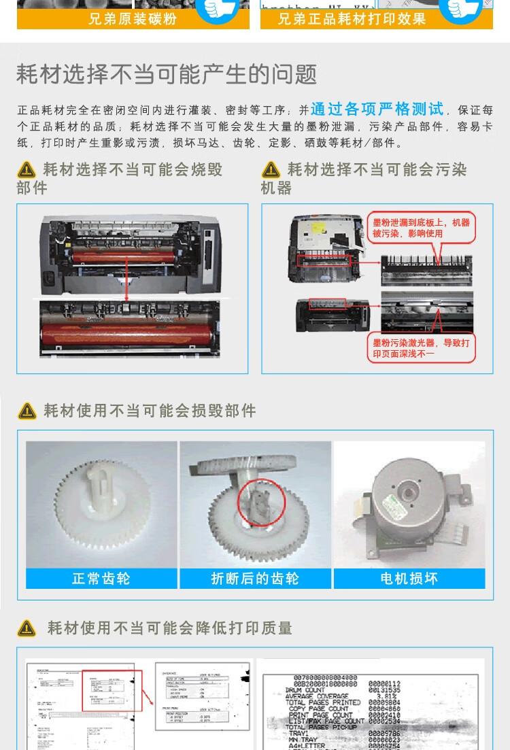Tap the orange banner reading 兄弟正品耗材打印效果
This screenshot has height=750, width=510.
point(352,19)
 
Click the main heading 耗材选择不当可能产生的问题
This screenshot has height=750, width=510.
point(167,73)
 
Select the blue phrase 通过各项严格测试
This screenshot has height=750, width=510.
point(377,109)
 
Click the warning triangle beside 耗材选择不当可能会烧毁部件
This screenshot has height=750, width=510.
point(27,170)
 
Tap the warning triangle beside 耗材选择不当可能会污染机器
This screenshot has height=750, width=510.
point(271,170)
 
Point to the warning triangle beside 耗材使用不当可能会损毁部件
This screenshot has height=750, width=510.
point(27,411)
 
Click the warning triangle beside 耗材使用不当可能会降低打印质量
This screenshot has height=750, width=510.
point(27,628)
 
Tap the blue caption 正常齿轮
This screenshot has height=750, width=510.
point(101,579)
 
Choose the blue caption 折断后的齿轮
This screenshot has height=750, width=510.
point(255,579)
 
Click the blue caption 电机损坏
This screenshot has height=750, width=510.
point(409,579)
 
